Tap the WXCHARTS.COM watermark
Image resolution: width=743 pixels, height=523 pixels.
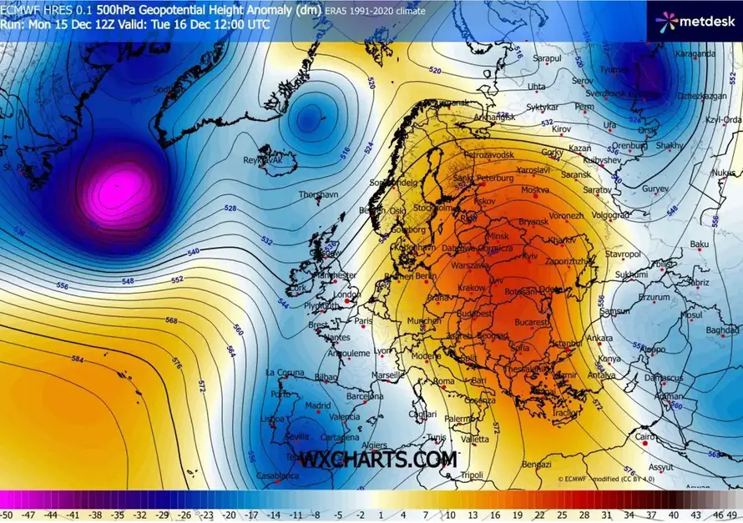[x=378, y=460]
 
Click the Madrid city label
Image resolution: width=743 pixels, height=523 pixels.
[x=317, y=405]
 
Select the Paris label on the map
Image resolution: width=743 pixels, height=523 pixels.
[x=362, y=320]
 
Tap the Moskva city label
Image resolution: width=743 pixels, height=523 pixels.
[x=535, y=190]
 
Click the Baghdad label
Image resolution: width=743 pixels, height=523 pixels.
[x=724, y=330]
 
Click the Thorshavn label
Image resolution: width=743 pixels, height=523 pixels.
[x=319, y=194]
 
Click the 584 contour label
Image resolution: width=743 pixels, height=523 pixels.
[x=78, y=360]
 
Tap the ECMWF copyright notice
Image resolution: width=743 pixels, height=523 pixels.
[x=598, y=480]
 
